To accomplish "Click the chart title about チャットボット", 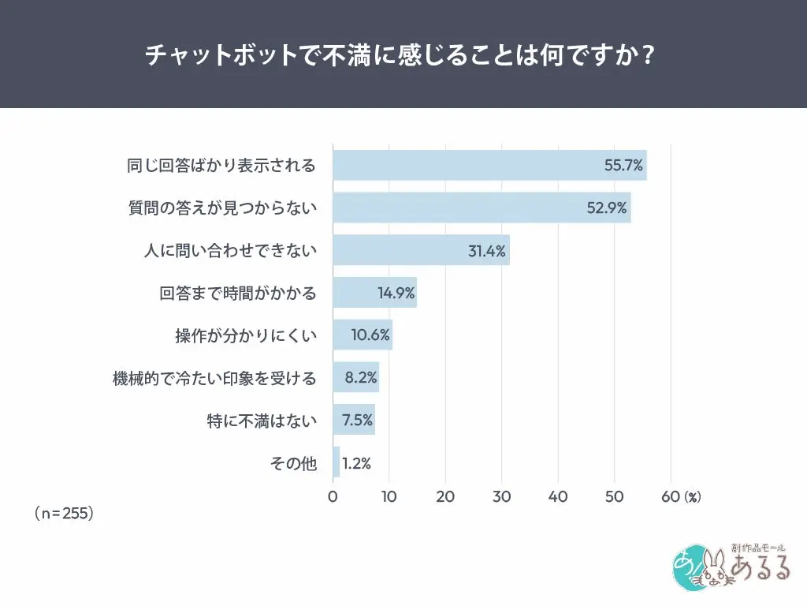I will [403, 56].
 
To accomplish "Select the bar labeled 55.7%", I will [489, 166].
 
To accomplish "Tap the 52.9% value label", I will [608, 208].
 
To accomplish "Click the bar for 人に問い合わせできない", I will [421, 250].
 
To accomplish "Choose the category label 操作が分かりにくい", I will [245, 335].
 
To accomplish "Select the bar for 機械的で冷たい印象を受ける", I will [355, 378].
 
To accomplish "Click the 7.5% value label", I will [357, 420].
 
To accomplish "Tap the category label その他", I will [293, 463].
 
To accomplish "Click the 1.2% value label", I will [356, 463].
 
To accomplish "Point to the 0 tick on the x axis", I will [333, 497].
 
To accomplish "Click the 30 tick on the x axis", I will [501, 497].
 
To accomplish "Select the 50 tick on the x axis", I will [614, 497].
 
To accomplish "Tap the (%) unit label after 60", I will [692, 497].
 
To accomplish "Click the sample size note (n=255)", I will [65, 513].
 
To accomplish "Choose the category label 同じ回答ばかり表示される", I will [221, 166].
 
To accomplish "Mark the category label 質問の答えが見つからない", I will [222, 208].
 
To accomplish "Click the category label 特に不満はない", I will [261, 421].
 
